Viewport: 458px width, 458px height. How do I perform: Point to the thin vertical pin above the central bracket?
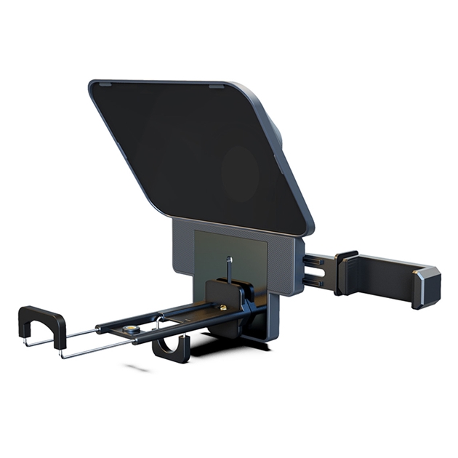229,266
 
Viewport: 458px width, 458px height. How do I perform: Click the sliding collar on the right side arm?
345,273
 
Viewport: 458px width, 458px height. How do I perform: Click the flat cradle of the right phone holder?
385,276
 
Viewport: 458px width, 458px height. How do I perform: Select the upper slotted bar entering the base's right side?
318,260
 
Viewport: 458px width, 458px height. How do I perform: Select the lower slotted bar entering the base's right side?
318,280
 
